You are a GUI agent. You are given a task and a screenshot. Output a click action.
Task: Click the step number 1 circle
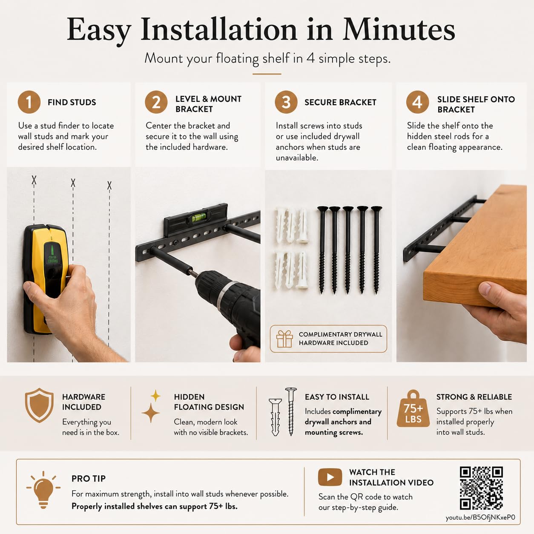coord(29,102)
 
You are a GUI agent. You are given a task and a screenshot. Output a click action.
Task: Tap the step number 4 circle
coord(417,102)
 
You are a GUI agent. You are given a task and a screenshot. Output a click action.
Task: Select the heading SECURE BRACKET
coord(340,102)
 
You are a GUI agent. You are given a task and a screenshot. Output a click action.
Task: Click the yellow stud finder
coord(46,278)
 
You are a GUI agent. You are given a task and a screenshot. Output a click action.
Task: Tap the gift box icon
coord(284,339)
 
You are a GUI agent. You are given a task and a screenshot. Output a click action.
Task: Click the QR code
coord(481,488)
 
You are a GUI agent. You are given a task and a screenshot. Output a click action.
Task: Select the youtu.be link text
coord(480,517)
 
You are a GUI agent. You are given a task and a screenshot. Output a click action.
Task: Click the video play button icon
coord(330,477)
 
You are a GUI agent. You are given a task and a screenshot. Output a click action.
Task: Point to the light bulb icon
coord(43,490)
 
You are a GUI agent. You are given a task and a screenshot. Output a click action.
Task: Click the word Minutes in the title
coord(399,30)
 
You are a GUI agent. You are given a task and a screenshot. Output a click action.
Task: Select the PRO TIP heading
coord(89,479)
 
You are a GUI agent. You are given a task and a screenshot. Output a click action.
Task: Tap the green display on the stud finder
coord(53,254)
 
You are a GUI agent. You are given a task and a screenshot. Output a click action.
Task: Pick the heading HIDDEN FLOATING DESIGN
coord(209,402)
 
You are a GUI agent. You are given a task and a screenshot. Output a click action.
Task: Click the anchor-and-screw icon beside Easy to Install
coord(283,412)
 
